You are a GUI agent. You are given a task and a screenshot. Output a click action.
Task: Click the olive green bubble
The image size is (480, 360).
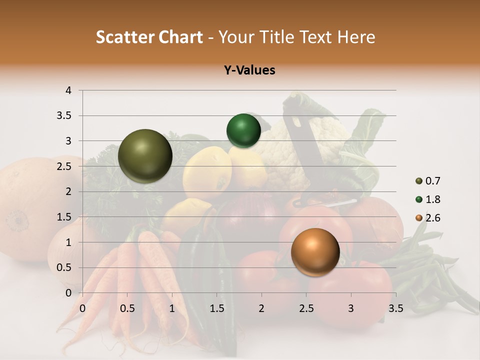pos(145,156)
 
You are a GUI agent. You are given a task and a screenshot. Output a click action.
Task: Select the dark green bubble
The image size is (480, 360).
pos(243,131)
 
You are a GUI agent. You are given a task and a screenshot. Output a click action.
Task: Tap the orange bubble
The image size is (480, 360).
pos(315,252)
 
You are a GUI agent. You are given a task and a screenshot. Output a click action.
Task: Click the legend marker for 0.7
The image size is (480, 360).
pos(418,181)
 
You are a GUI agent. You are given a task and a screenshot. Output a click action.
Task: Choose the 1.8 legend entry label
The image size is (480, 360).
pos(433,199)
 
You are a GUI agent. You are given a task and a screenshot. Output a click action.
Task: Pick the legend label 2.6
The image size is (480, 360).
pos(433,218)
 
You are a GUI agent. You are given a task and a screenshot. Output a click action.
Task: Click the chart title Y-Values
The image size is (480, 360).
pos(249,70)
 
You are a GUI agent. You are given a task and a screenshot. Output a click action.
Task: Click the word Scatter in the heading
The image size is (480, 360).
pos(123,37)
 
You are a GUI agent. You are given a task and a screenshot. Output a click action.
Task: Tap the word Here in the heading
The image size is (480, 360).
pos(355,37)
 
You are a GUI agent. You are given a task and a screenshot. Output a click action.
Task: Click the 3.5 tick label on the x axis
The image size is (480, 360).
pos(395,308)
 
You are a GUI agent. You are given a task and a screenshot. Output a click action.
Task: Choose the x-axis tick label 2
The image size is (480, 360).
pos(261,308)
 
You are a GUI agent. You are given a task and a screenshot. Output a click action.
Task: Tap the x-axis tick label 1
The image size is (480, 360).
pos(172,308)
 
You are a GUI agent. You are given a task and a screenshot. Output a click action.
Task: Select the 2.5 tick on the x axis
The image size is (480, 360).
pos(306,308)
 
